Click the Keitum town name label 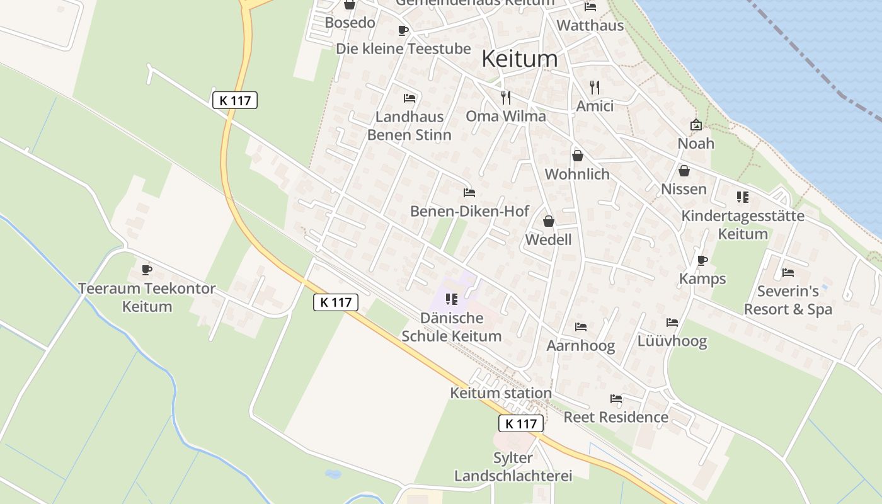(519, 59)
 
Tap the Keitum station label (500, 393)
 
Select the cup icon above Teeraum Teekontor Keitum (147, 270)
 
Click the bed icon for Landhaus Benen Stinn (409, 98)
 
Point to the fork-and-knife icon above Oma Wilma (505, 97)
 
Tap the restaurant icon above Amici (595, 87)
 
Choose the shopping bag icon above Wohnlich (577, 156)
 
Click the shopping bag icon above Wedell (549, 221)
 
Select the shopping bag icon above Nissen (684, 171)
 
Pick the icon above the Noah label (696, 125)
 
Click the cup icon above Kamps (702, 260)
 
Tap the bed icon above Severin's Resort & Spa (787, 273)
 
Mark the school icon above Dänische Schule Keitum (451, 299)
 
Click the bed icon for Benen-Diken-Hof (469, 193)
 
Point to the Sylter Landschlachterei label (513, 467)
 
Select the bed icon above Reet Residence (616, 399)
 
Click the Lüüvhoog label (672, 341)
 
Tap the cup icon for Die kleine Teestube (403, 30)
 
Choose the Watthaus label (590, 26)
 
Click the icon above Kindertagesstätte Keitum (743, 197)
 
